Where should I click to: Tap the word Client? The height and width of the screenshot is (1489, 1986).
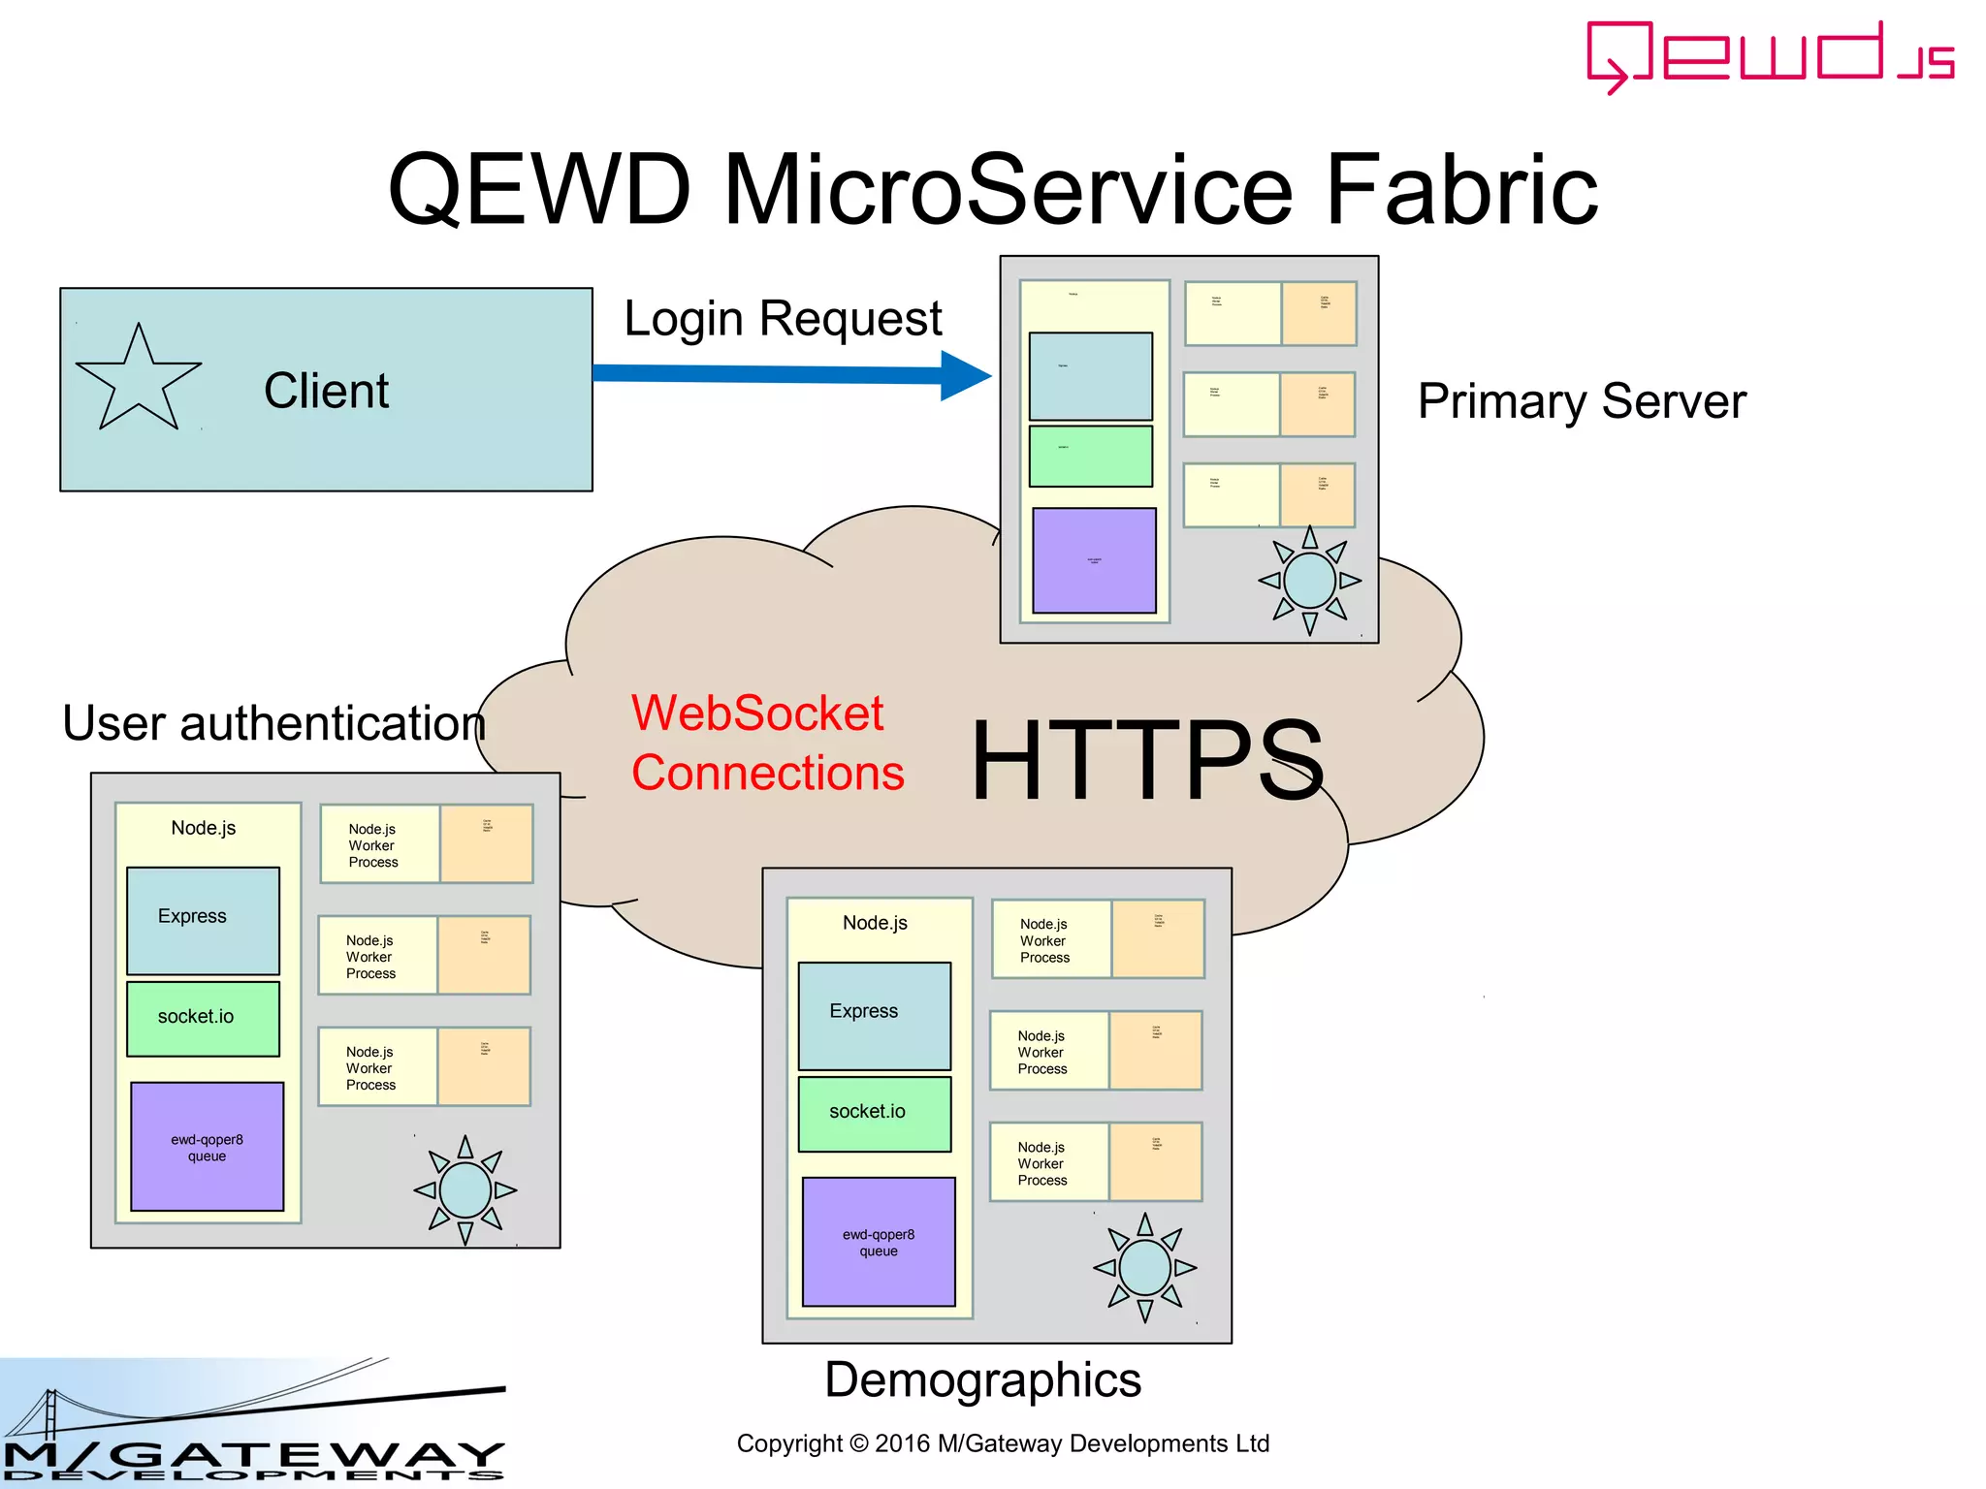[326, 391]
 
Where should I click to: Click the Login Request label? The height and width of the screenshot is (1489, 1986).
[783, 319]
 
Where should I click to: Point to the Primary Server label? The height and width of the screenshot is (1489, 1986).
[1582, 401]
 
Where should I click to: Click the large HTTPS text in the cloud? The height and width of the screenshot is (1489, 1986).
[1147, 761]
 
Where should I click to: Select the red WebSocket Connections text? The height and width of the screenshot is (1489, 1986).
[766, 743]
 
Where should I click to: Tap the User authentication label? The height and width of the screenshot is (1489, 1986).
[273, 723]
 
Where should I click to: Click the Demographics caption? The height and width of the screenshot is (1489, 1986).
[982, 1379]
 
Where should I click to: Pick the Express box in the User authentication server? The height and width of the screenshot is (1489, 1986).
[203, 920]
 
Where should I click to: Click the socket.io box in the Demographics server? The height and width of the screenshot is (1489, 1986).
[874, 1113]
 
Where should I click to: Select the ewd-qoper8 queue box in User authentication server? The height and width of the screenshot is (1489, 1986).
[207, 1147]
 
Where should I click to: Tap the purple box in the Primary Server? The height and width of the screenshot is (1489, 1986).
[1094, 560]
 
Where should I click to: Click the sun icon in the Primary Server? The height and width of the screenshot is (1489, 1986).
[1309, 581]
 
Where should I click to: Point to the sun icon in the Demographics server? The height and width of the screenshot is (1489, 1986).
[1144, 1267]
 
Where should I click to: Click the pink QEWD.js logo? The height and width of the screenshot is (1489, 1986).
[1769, 56]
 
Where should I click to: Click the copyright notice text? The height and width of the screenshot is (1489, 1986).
[1003, 1443]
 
